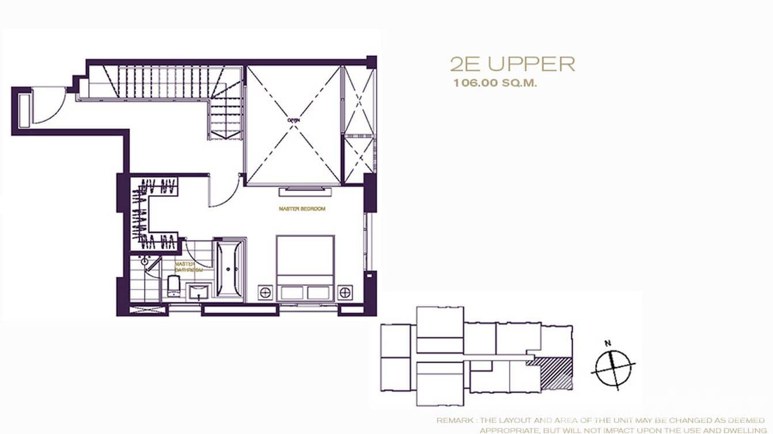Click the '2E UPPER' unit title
[512, 64]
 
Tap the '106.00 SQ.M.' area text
[495, 83]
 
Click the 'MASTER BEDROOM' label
[302, 209]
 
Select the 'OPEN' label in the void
[294, 121]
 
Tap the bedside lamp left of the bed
[265, 292]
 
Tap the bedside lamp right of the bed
[345, 292]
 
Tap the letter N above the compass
[607, 344]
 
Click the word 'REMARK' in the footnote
[453, 421]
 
